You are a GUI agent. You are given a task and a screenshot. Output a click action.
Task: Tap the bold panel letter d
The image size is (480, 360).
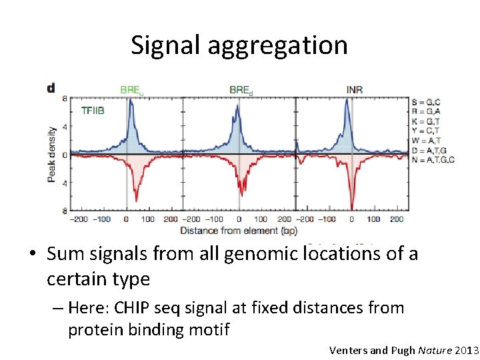click(51, 89)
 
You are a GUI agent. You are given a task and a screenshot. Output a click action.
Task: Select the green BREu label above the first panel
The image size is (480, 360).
click(131, 89)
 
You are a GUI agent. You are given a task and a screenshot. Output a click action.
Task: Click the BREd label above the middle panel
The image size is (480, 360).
click(241, 89)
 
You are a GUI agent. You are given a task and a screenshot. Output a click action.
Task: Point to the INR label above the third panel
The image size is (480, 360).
click(355, 89)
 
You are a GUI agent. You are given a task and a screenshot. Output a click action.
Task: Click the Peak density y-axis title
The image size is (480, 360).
click(51, 155)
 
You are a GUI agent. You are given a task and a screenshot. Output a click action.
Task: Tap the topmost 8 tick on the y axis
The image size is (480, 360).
click(65, 99)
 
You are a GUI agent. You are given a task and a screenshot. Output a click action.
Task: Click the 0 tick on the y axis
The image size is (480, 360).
click(65, 155)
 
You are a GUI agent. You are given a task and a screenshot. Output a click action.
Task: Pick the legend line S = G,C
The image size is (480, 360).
click(426, 102)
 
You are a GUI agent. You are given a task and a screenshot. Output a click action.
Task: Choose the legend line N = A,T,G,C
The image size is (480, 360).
click(433, 161)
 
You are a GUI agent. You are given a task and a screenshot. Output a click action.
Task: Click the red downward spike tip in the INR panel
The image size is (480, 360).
click(351, 209)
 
